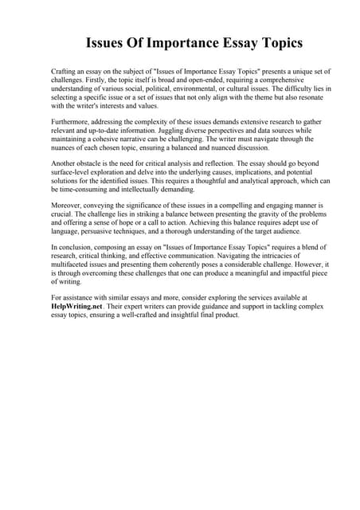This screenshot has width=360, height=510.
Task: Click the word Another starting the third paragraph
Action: pyautogui.click(x=65, y=163)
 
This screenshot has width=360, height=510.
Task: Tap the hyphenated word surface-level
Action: pyautogui.click(x=76, y=171)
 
